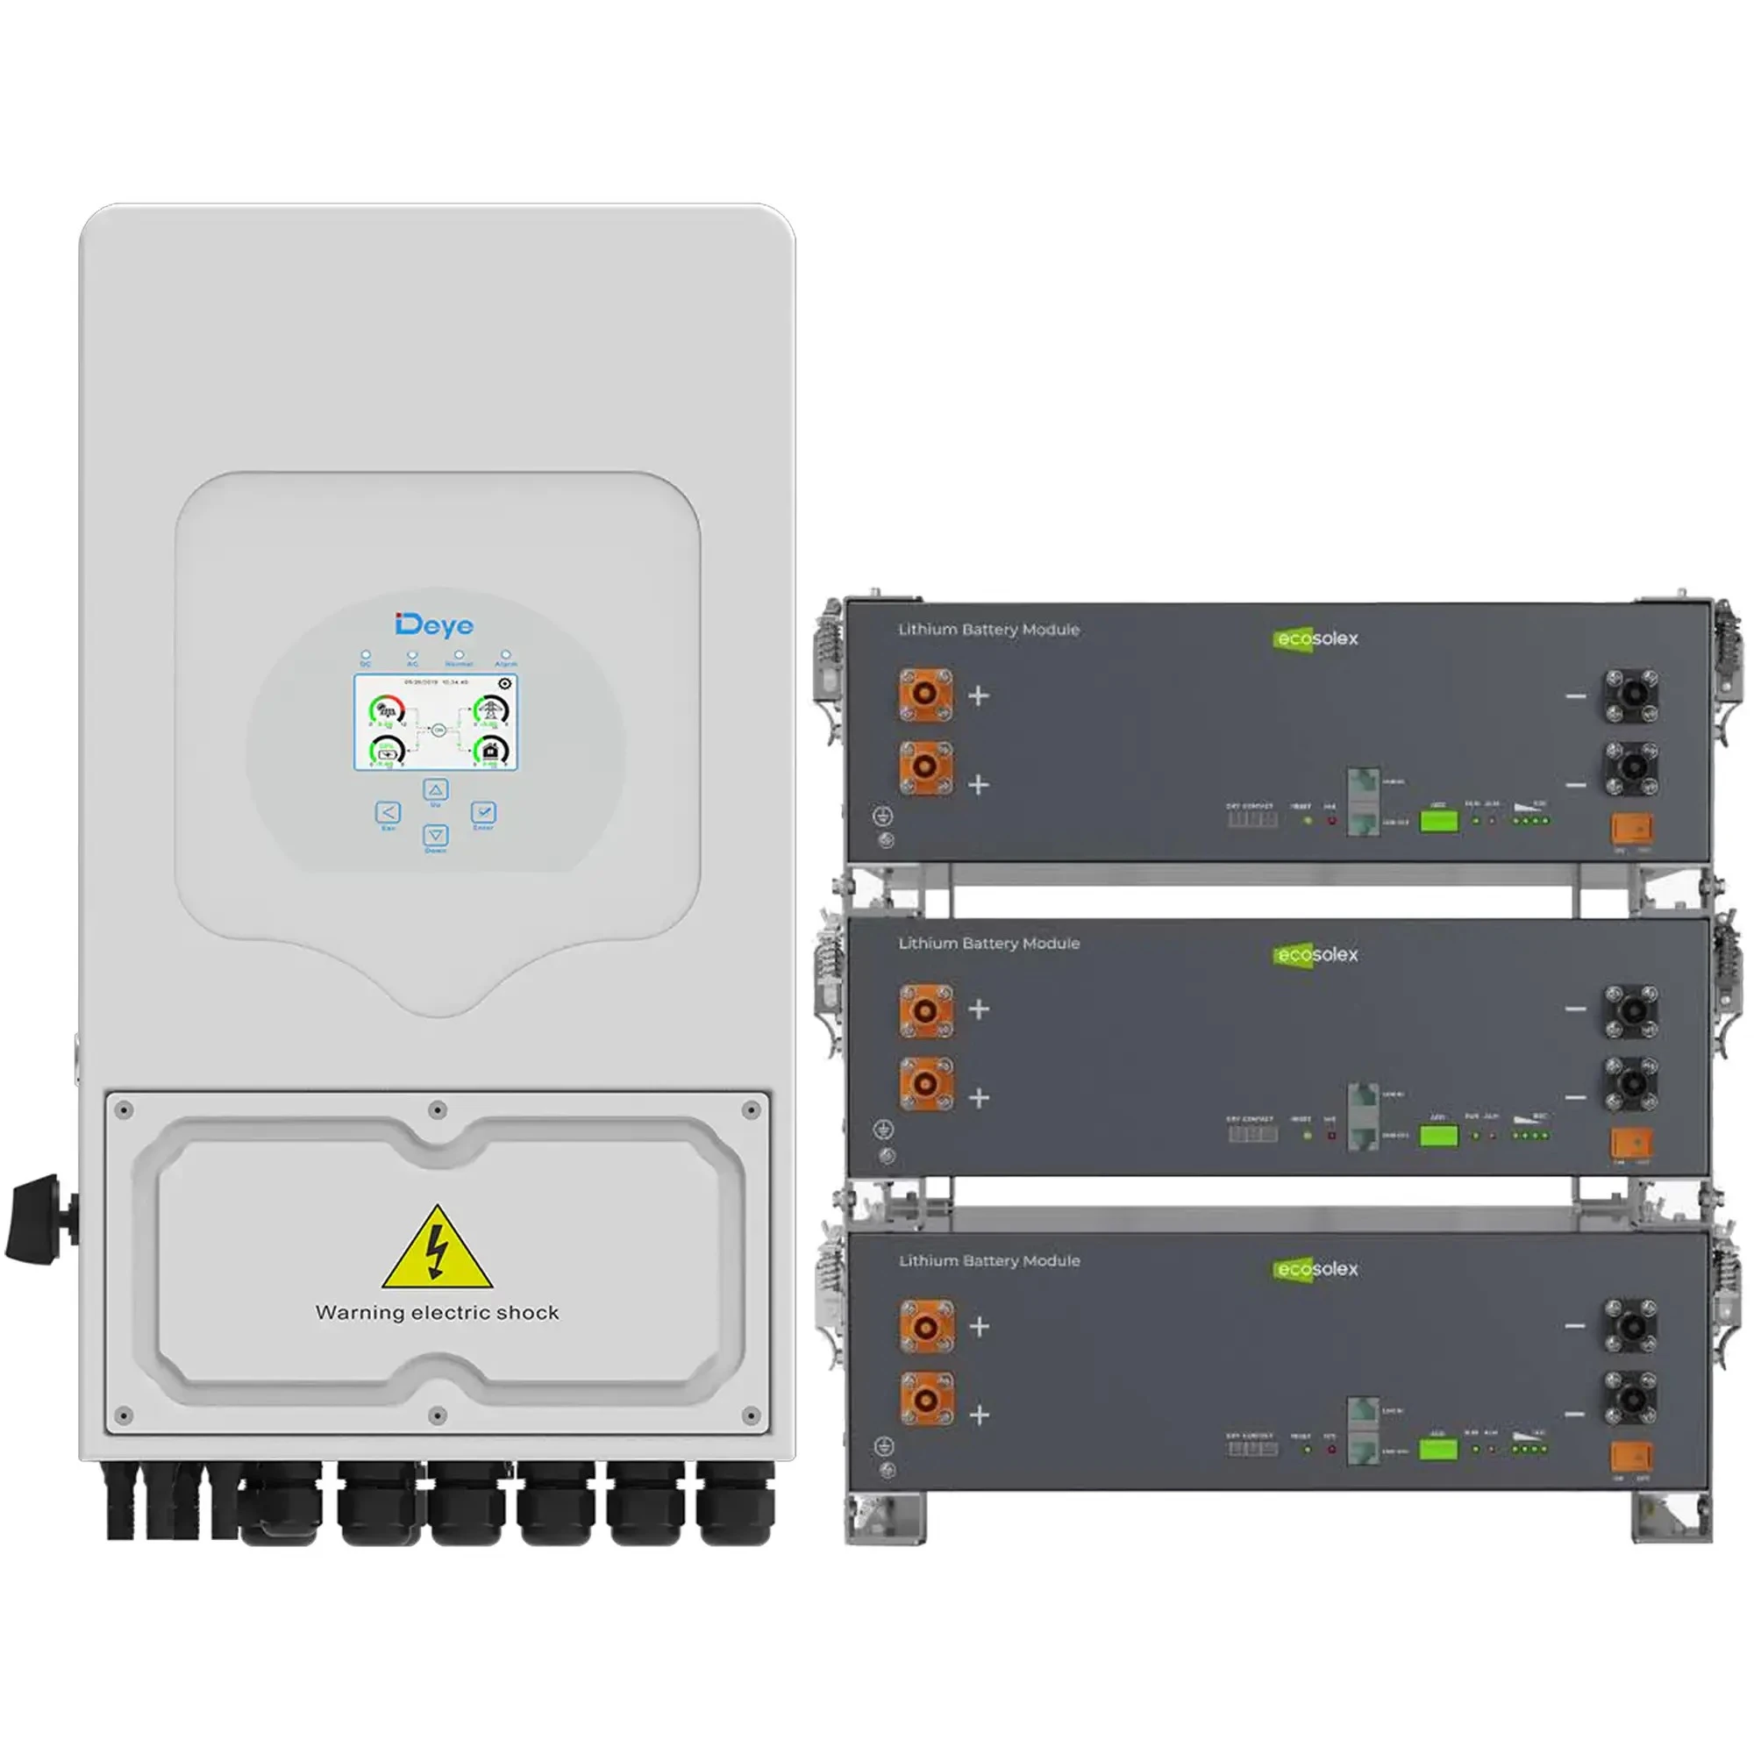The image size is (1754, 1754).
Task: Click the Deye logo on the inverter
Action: (434, 624)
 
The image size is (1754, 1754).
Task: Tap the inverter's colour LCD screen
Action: (436, 723)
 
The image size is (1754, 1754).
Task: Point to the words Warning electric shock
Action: (438, 1313)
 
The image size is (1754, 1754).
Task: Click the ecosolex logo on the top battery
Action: (1315, 639)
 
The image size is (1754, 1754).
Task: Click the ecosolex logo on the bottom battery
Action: (1315, 1269)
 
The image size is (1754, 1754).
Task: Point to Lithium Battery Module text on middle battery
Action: (988, 944)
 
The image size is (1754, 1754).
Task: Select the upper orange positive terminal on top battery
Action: (925, 695)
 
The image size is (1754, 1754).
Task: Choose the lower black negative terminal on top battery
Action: (1631, 767)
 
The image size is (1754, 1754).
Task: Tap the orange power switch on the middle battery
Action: (1631, 1141)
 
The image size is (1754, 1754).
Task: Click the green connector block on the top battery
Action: (1438, 822)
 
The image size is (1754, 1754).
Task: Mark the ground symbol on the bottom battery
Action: (883, 1446)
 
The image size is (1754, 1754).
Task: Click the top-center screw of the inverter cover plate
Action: (438, 1109)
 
